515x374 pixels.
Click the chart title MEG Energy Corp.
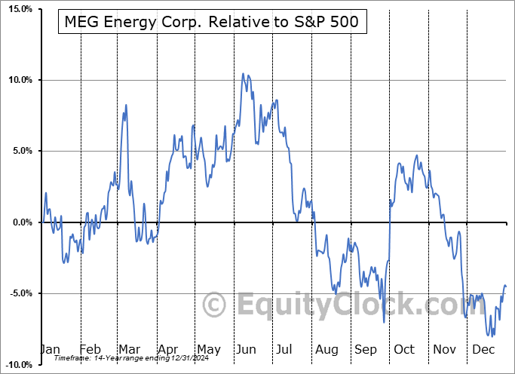[x=213, y=23]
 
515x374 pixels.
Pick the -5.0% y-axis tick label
[x=18, y=293]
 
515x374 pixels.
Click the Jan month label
[x=49, y=350]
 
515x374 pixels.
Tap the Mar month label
[x=129, y=350]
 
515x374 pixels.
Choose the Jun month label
[x=247, y=350]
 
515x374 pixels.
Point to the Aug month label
[x=326, y=350]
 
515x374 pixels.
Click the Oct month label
[x=404, y=350]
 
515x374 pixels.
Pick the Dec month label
[x=483, y=350]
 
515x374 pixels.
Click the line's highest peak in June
[x=243, y=73]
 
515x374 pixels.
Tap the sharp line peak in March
[x=126, y=104]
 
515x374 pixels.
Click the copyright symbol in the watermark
[x=216, y=305]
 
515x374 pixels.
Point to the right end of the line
[x=506, y=287]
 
